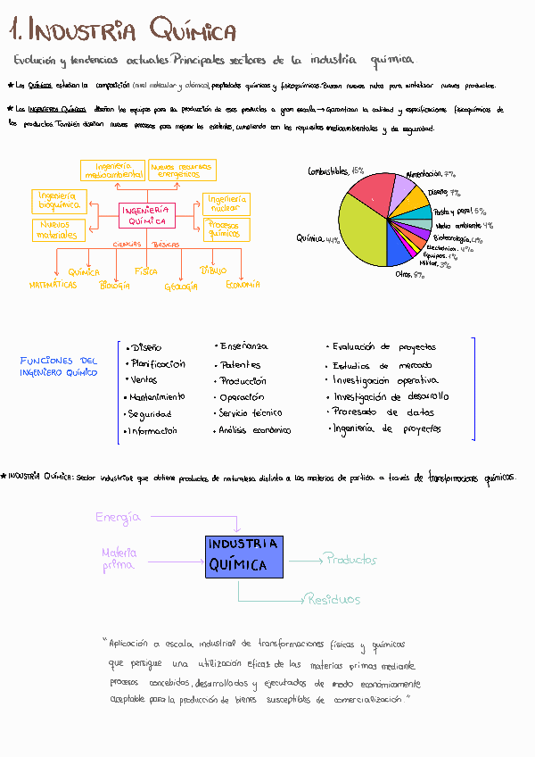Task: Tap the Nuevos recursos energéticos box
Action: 182,171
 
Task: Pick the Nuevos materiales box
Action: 58,230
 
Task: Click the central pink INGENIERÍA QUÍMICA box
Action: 147,215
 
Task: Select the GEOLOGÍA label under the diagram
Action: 186,287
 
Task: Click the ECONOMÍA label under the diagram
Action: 243,284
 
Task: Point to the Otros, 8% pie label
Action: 409,275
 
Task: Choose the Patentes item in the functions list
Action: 240,364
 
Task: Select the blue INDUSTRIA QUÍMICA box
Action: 243,554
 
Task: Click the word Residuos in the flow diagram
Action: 332,599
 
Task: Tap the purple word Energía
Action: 118,517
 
